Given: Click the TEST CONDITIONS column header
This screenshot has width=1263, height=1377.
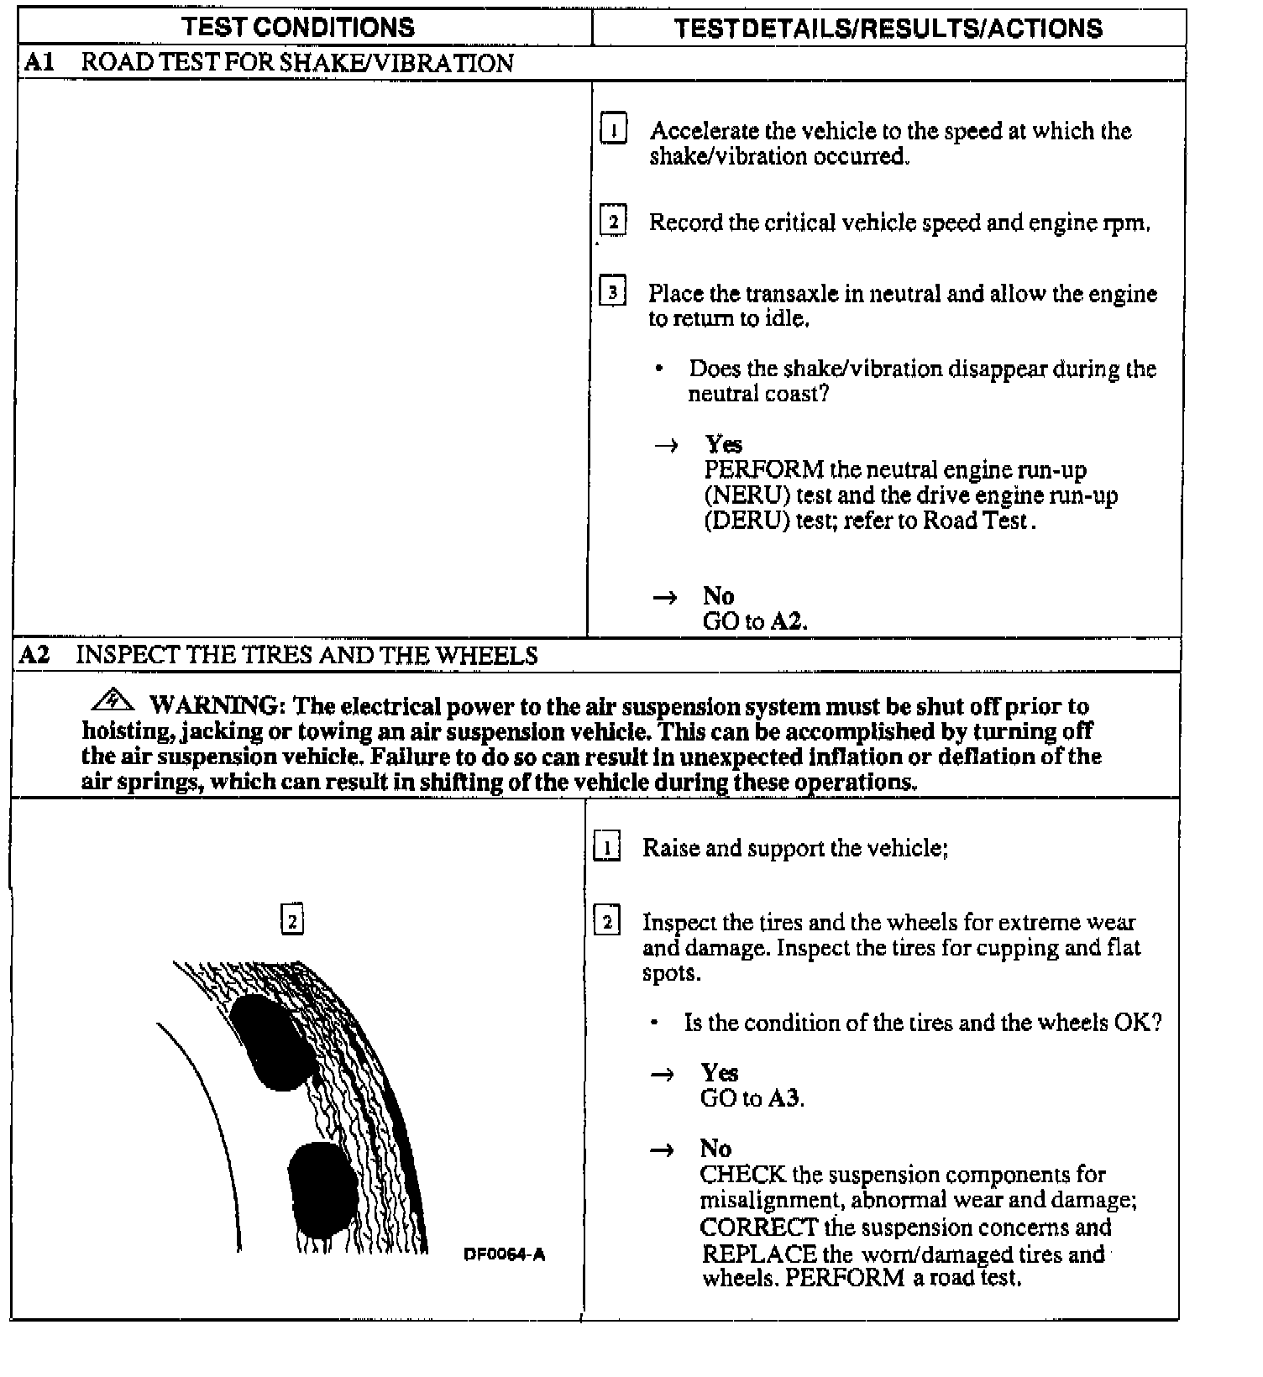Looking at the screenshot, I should pyautogui.click(x=298, y=27).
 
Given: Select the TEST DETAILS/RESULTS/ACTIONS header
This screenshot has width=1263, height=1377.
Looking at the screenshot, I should pyautogui.click(x=888, y=29).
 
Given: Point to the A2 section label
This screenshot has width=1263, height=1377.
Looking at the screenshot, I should pyautogui.click(x=34, y=655).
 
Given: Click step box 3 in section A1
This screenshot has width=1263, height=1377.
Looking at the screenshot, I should pyautogui.click(x=613, y=293).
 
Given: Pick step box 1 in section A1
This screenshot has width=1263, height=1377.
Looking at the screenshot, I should pyautogui.click(x=614, y=130).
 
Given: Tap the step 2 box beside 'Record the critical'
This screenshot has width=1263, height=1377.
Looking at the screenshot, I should pyautogui.click(x=613, y=222).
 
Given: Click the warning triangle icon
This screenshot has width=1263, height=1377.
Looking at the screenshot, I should pyautogui.click(x=114, y=700).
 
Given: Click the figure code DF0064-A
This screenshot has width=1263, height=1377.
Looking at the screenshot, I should pyautogui.click(x=504, y=1255).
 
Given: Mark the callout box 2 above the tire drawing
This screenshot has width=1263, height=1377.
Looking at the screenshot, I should pyautogui.click(x=292, y=921).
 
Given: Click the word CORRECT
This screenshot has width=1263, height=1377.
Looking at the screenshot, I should pyautogui.click(x=758, y=1228).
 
